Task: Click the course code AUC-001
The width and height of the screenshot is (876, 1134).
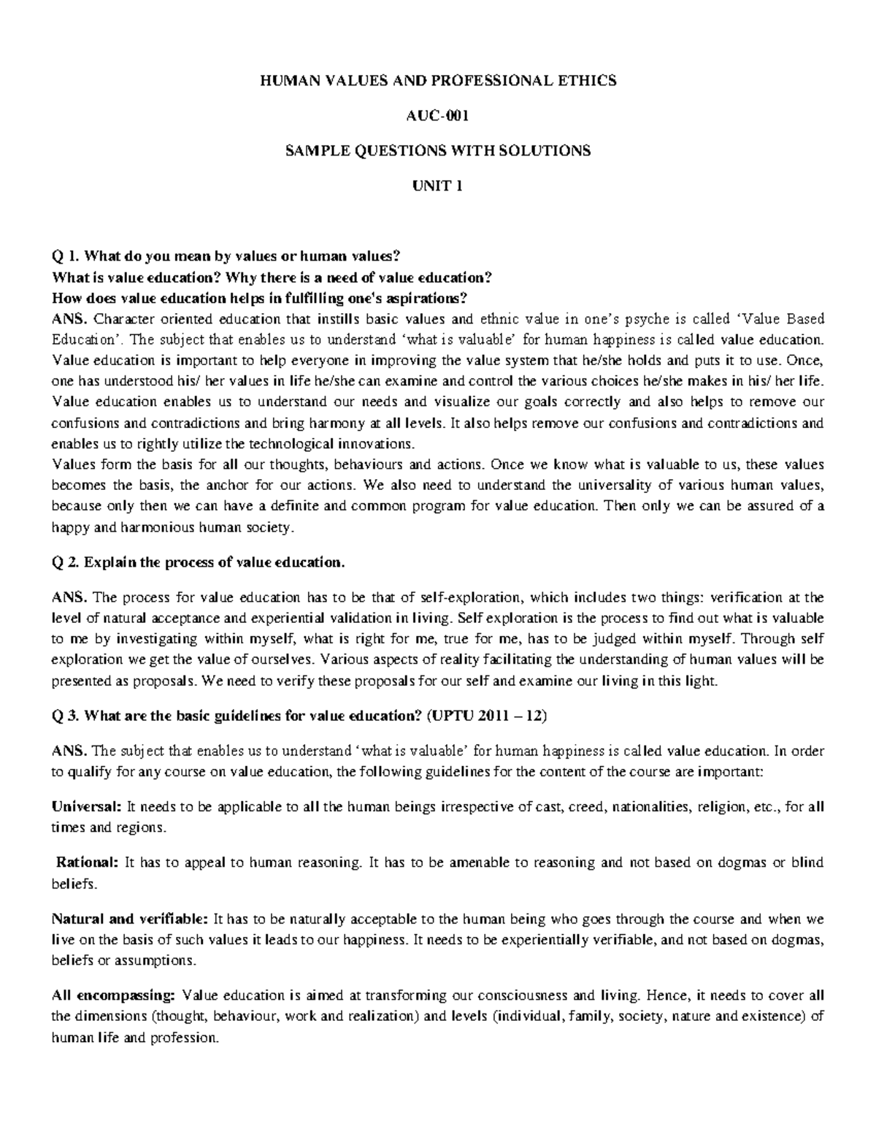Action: [x=438, y=115]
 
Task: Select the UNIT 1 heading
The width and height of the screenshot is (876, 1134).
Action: [x=438, y=185]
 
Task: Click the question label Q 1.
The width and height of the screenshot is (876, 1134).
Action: [x=64, y=256]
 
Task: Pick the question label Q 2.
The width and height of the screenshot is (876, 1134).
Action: [x=64, y=562]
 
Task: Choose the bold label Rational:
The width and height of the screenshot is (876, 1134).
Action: [x=87, y=862]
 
